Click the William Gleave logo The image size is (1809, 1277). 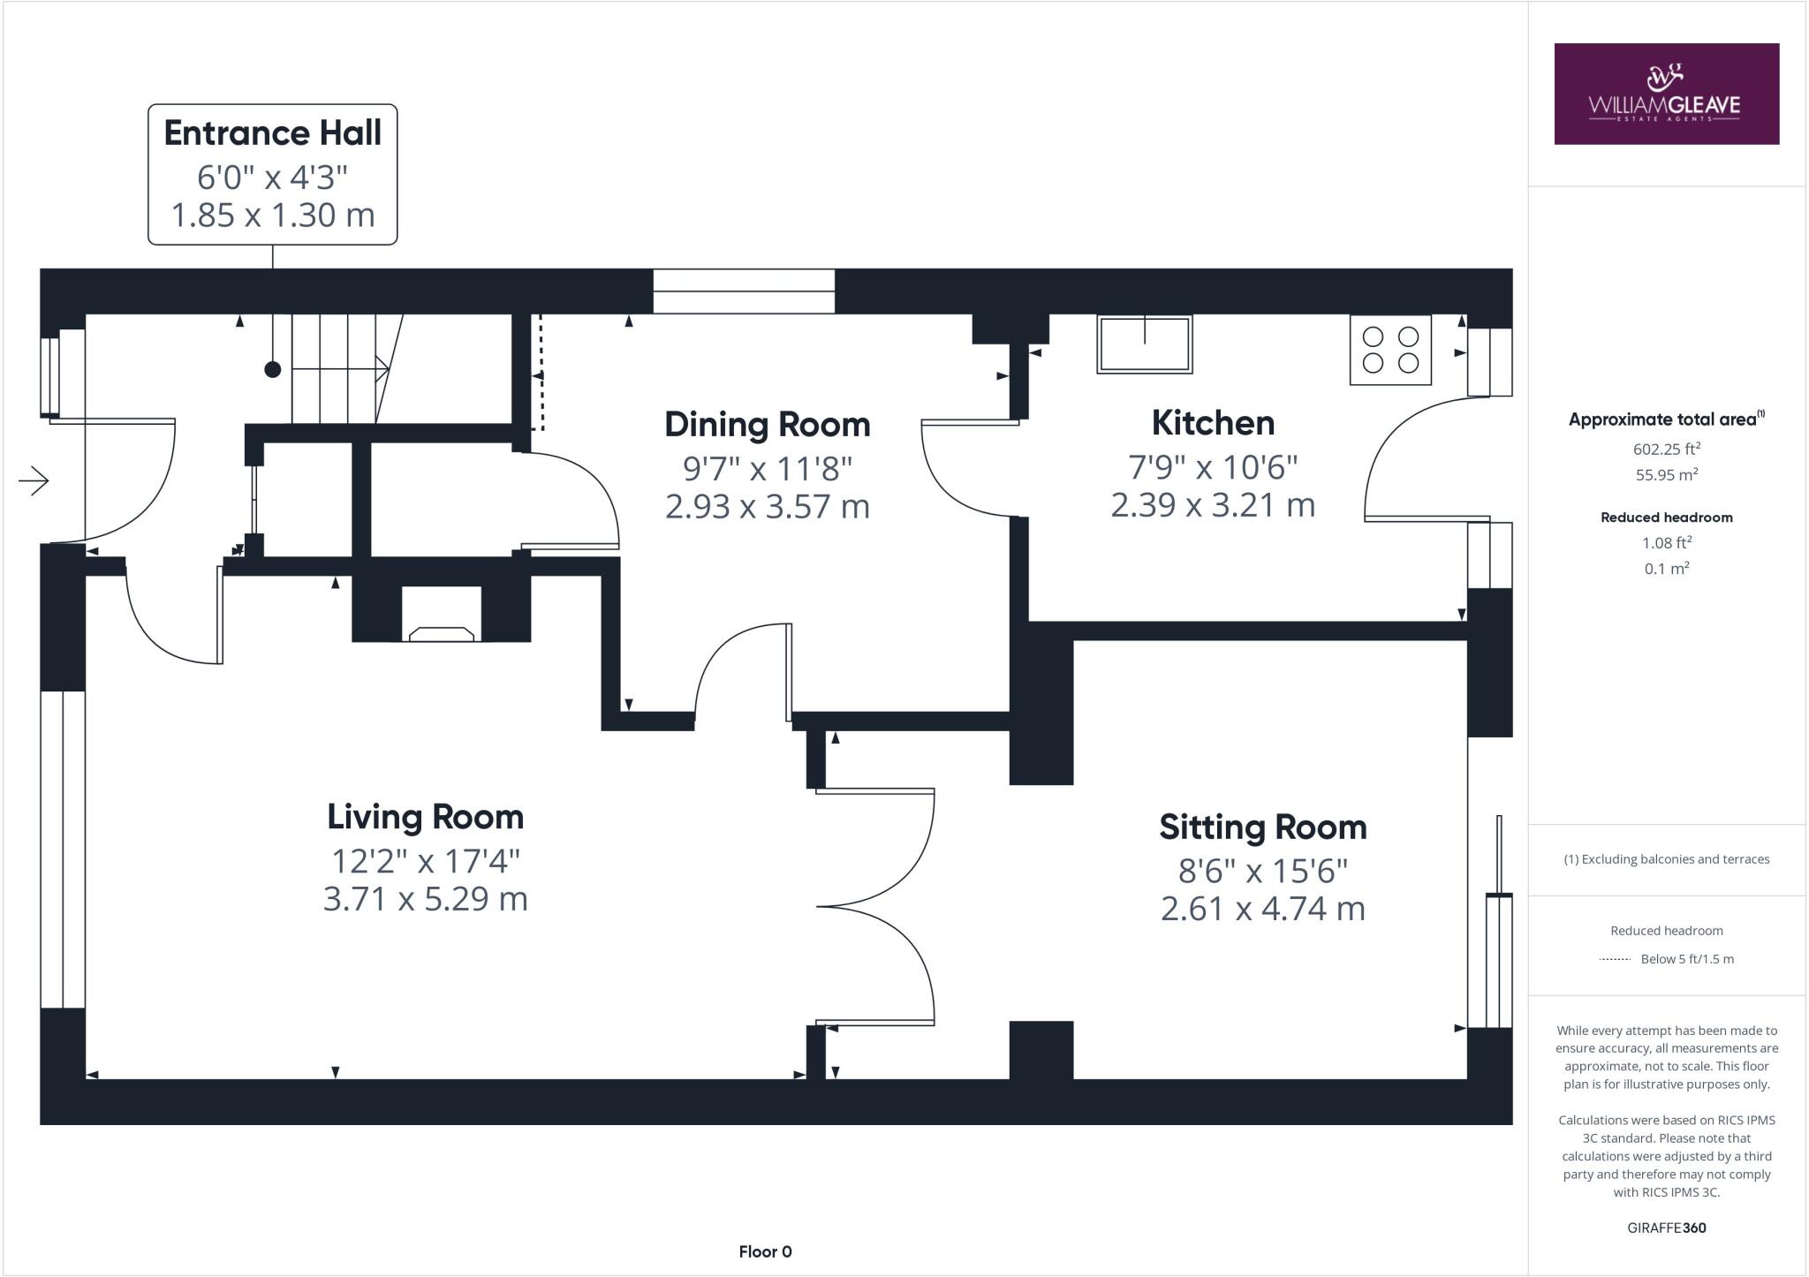1666,94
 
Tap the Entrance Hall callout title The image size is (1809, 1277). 273,133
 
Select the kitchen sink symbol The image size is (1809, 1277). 1145,344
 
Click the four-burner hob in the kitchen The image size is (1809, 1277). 1390,350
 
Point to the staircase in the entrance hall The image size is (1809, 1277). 347,368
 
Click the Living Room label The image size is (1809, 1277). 426,817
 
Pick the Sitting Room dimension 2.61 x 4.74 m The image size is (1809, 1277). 1263,909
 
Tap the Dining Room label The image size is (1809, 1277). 768,425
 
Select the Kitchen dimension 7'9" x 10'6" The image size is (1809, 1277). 1213,466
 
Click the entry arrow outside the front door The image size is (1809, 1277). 34,480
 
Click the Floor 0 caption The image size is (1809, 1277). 766,1251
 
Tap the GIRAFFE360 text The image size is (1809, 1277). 1667,1228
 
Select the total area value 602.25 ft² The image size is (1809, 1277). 1667,449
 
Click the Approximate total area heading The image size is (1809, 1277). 1667,419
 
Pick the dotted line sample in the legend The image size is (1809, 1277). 1615,959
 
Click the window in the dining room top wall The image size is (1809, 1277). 744,291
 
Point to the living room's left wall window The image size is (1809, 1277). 63,850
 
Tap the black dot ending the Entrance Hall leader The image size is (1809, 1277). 273,369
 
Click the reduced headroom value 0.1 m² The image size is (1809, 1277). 1667,569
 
